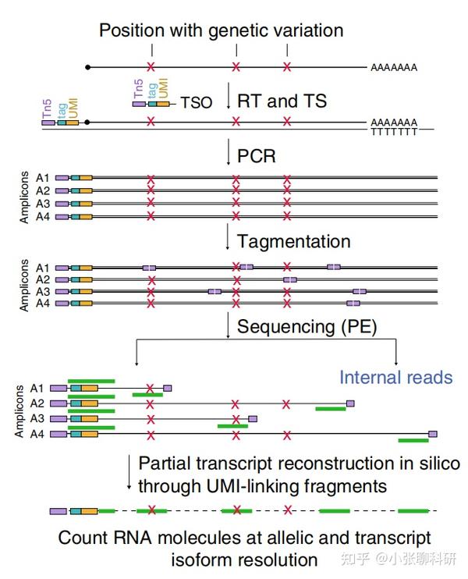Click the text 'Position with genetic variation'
(x=221, y=31)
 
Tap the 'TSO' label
(x=196, y=103)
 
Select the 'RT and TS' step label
(x=282, y=101)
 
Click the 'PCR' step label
(x=257, y=155)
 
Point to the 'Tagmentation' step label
(x=293, y=241)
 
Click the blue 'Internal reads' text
(x=395, y=378)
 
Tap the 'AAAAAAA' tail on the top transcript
(x=394, y=68)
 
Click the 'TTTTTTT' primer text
(x=394, y=131)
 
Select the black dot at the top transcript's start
(x=88, y=68)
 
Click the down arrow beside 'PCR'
(x=228, y=154)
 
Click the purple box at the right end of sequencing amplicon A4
(x=433, y=433)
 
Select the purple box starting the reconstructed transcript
(x=58, y=511)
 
